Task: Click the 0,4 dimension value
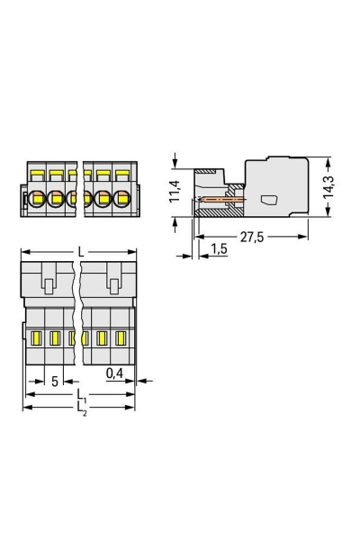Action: point(114,372)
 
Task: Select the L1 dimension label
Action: point(80,395)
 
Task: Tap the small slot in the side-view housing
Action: point(267,200)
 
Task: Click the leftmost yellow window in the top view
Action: point(37,339)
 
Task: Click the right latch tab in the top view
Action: point(113,285)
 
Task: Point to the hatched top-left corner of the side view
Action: point(206,171)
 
